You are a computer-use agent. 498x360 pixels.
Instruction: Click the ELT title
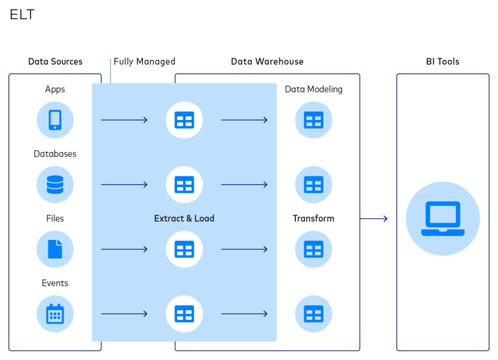[x=22, y=14]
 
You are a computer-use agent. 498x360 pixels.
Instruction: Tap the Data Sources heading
[x=55, y=62]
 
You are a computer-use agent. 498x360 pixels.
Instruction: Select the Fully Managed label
[x=144, y=62]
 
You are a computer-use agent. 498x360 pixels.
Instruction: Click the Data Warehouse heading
[x=267, y=62]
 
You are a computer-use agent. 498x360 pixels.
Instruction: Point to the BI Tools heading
[x=442, y=62]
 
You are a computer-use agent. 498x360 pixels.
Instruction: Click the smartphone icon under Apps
[x=55, y=120]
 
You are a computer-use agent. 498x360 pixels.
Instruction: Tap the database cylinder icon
[x=55, y=185]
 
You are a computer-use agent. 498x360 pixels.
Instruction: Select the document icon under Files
[x=55, y=249]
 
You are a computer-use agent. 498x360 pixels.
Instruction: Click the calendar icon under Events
[x=55, y=314]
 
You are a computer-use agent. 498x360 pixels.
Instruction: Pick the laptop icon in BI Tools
[x=442, y=219]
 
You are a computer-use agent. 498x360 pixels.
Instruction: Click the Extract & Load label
[x=184, y=219]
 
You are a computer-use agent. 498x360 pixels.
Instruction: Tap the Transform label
[x=313, y=219]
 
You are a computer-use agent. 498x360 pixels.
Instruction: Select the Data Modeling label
[x=313, y=90]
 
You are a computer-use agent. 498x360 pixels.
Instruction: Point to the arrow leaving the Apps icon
[x=124, y=120]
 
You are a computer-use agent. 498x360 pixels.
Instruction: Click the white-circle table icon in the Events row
[x=184, y=314]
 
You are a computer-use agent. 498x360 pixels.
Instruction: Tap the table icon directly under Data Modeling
[x=313, y=120]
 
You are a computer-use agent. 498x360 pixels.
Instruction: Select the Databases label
[x=55, y=154]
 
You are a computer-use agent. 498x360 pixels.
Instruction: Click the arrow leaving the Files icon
[x=124, y=249]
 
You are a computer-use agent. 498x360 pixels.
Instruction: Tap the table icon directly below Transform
[x=313, y=249]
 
